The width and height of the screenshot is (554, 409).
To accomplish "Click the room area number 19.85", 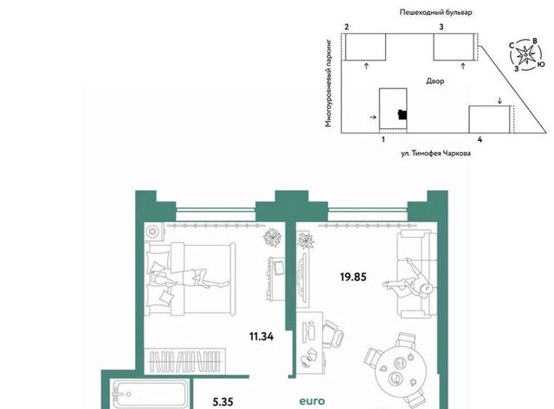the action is coord(353,277).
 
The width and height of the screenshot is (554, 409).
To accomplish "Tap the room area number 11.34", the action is coord(261,336).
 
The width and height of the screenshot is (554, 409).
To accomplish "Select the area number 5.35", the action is coord(223,401).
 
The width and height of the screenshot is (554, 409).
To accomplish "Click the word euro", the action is coord(312,401).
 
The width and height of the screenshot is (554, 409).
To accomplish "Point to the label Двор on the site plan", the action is coord(435,80).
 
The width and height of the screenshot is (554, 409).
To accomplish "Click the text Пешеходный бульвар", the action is coord(435,12).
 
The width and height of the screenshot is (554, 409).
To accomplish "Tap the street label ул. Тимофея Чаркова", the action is coord(435,153).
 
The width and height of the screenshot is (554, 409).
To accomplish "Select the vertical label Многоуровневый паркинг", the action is coord(329,83).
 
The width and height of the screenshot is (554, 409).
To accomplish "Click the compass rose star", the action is coord(525,54).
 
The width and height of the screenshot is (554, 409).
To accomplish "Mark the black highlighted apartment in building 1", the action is coord(402,115).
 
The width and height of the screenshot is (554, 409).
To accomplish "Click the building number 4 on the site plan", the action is coord(480,139).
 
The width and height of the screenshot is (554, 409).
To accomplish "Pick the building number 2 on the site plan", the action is coord(346,27).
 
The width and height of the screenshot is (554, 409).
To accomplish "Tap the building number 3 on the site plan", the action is coord(441,27).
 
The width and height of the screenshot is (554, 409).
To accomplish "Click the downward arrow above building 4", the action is coord(499,101).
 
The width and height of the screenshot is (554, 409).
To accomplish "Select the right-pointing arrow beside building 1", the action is coord(373,117).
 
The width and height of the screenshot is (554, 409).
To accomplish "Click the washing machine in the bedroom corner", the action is coord(154,232).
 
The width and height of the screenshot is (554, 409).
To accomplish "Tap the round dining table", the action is coord(397,372).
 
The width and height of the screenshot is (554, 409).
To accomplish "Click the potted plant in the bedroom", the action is coord(273,237).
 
